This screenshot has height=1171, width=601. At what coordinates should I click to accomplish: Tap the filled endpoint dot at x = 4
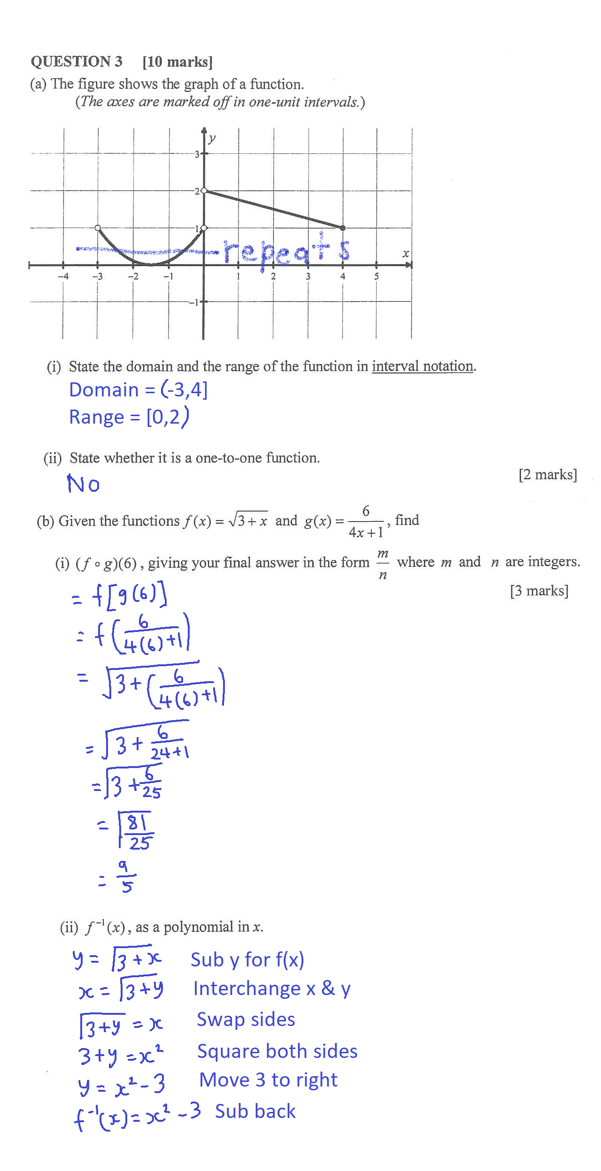(x=343, y=228)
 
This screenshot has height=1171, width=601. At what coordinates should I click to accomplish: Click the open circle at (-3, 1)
(x=98, y=228)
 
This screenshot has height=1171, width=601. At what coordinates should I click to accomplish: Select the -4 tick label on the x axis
(x=63, y=276)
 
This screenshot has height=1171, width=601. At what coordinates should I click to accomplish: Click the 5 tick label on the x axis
(x=376, y=276)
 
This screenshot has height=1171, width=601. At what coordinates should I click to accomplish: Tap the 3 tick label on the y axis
(x=197, y=154)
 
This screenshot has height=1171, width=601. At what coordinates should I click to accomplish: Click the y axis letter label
(x=212, y=138)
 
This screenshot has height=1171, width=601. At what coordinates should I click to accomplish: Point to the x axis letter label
(x=406, y=254)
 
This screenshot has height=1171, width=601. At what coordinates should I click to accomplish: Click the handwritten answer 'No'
(x=83, y=484)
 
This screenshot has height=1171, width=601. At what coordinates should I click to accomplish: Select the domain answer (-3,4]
(x=184, y=390)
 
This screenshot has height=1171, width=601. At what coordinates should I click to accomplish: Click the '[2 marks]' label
(x=547, y=475)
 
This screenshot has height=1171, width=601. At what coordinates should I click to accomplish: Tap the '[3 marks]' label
(x=539, y=591)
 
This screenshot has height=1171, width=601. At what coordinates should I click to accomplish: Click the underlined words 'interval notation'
(x=422, y=366)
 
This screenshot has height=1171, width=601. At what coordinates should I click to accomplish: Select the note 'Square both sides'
(x=277, y=1051)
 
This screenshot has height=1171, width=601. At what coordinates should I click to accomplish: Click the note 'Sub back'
(x=255, y=1111)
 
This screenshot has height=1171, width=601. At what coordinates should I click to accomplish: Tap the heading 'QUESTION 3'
(x=77, y=61)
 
